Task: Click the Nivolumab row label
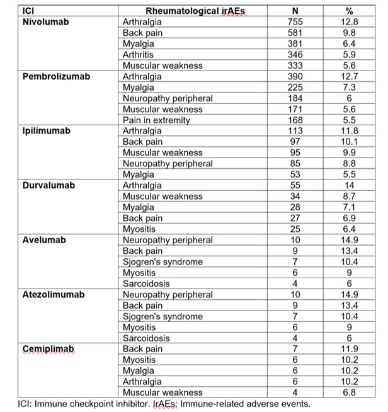(x=45, y=21)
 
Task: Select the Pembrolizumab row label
(x=56, y=76)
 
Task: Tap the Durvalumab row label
(x=48, y=185)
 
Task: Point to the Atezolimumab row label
(x=52, y=294)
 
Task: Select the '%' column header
(x=350, y=11)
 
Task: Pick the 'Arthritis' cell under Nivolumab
(x=140, y=54)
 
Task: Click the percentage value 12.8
(x=350, y=21)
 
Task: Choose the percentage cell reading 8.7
(x=350, y=197)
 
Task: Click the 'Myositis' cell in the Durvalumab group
(x=139, y=229)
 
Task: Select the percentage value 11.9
(x=350, y=348)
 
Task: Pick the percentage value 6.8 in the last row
(x=350, y=392)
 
